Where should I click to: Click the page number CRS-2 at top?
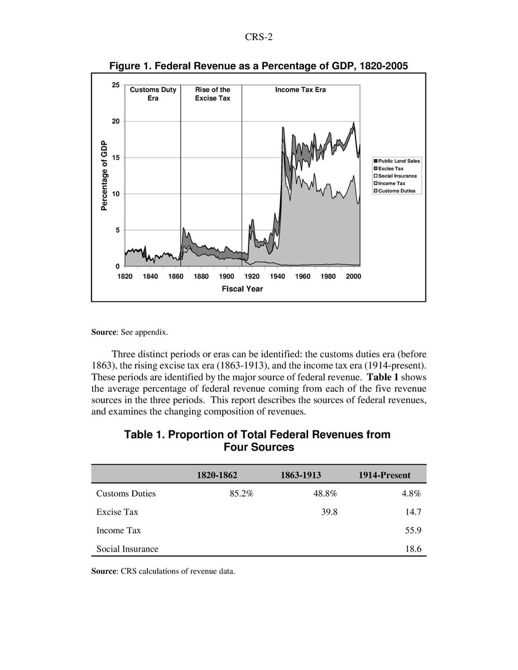(x=258, y=37)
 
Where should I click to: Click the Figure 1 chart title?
(x=258, y=66)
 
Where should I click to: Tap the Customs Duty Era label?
(x=153, y=93)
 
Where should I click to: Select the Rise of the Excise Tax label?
(x=213, y=93)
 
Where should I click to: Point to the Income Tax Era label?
(x=300, y=89)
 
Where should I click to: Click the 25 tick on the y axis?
(x=116, y=85)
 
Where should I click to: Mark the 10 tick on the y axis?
(x=116, y=194)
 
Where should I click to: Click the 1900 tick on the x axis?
(x=226, y=276)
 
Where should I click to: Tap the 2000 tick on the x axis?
(x=353, y=276)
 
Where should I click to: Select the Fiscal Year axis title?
(x=242, y=289)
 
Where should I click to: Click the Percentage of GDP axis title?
(x=104, y=175)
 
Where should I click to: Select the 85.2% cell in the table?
(x=242, y=494)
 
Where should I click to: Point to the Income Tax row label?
(x=118, y=530)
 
